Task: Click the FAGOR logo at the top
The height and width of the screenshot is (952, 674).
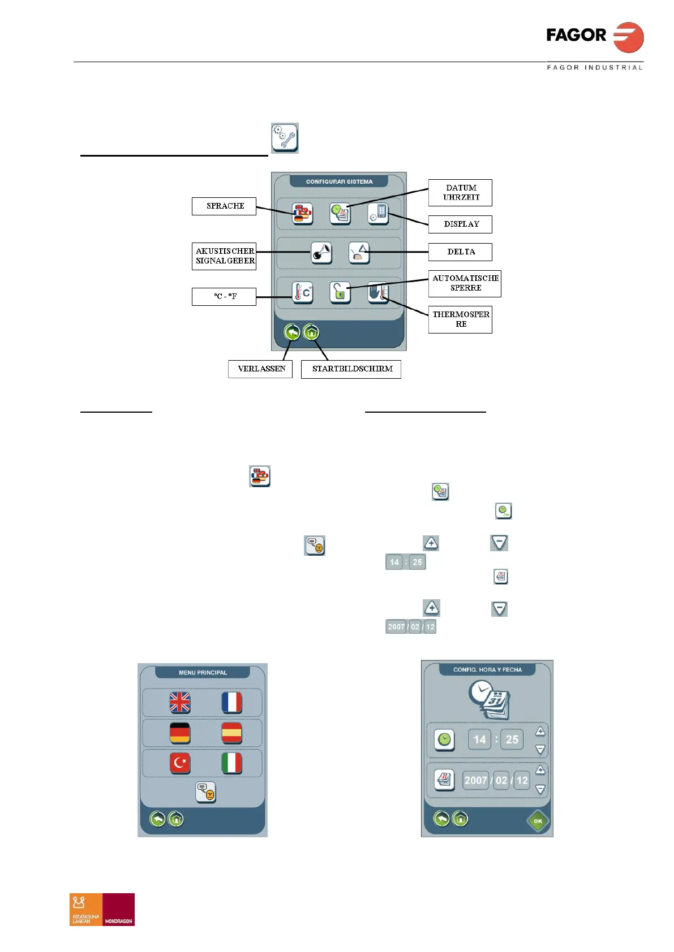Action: [x=594, y=37]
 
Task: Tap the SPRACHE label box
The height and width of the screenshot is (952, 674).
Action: [x=224, y=206]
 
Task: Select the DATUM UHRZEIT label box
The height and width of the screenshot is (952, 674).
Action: [x=460, y=193]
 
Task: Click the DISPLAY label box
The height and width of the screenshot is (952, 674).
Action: [x=460, y=224]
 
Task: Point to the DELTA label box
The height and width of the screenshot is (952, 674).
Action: [x=460, y=252]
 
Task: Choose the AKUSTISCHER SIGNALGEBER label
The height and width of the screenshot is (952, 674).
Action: [x=224, y=256]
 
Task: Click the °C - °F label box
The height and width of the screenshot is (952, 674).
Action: [x=224, y=297]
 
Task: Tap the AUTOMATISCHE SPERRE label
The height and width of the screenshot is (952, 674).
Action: [x=465, y=283]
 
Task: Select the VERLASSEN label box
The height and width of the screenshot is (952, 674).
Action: [x=260, y=369]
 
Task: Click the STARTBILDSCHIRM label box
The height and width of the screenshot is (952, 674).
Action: [x=351, y=369]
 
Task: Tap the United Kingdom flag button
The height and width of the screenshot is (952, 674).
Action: [x=180, y=703]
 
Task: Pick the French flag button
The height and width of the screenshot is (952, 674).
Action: [x=231, y=703]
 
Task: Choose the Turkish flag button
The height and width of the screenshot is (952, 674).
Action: [x=180, y=763]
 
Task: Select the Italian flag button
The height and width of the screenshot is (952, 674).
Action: [x=231, y=763]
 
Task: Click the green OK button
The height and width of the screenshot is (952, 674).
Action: [x=538, y=821]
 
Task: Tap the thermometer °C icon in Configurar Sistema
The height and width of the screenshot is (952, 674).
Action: [x=303, y=293]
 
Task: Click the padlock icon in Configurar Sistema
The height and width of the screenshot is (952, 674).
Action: [x=340, y=293]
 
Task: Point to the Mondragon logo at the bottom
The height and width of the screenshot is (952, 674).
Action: [x=102, y=909]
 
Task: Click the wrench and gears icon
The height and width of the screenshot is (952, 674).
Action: [x=285, y=138]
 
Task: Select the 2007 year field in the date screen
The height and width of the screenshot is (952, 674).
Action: [x=475, y=781]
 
